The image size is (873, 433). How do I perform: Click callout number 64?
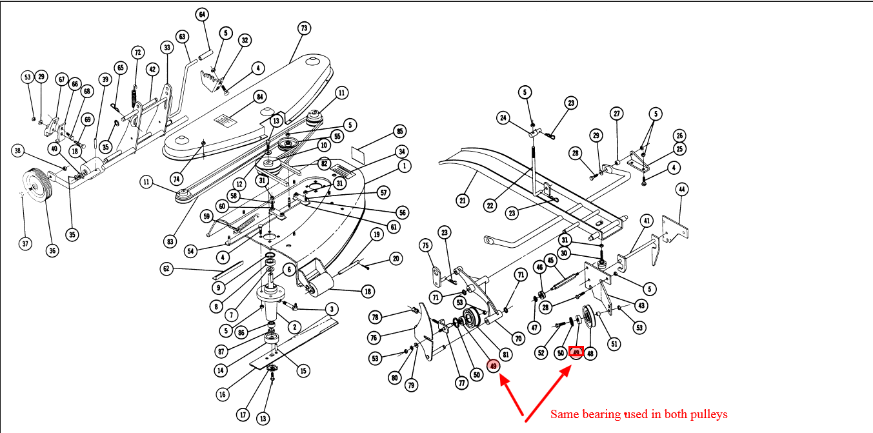[202, 14]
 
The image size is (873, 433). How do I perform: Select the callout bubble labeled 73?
[304, 28]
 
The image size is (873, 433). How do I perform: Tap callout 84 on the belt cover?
[260, 97]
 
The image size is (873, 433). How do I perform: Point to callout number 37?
[25, 243]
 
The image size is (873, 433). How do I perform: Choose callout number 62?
[167, 268]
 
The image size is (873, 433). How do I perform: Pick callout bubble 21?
[462, 201]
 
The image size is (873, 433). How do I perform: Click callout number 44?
[682, 190]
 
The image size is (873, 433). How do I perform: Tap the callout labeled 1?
[405, 166]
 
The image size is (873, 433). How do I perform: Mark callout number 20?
[396, 259]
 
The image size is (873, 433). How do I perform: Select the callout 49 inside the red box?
[576, 352]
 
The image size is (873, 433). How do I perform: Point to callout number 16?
[223, 394]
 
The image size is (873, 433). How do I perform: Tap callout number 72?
[137, 52]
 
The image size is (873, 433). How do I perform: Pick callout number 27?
[617, 114]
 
